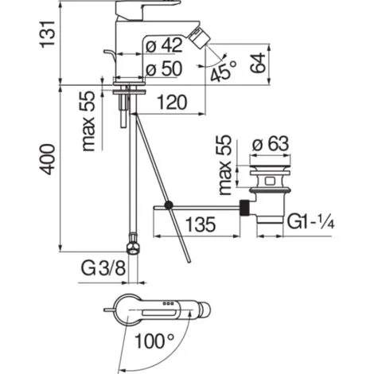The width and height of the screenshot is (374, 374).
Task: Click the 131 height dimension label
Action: tap(49, 34)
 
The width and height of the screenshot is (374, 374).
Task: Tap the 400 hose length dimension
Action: tap(49, 159)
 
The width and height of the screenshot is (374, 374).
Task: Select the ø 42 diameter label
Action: tap(165, 45)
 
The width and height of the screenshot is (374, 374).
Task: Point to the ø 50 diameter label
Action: tap(165, 68)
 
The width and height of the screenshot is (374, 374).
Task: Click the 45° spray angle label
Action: tap(222, 71)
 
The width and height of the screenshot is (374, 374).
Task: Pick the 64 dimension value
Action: tap(258, 63)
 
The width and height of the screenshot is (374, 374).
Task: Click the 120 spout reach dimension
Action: tap(172, 103)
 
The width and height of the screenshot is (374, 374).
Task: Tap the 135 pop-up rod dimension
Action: tap(201, 224)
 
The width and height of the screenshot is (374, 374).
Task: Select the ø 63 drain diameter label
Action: tap(271, 144)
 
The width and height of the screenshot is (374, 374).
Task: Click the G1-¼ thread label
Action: tap(310, 222)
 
